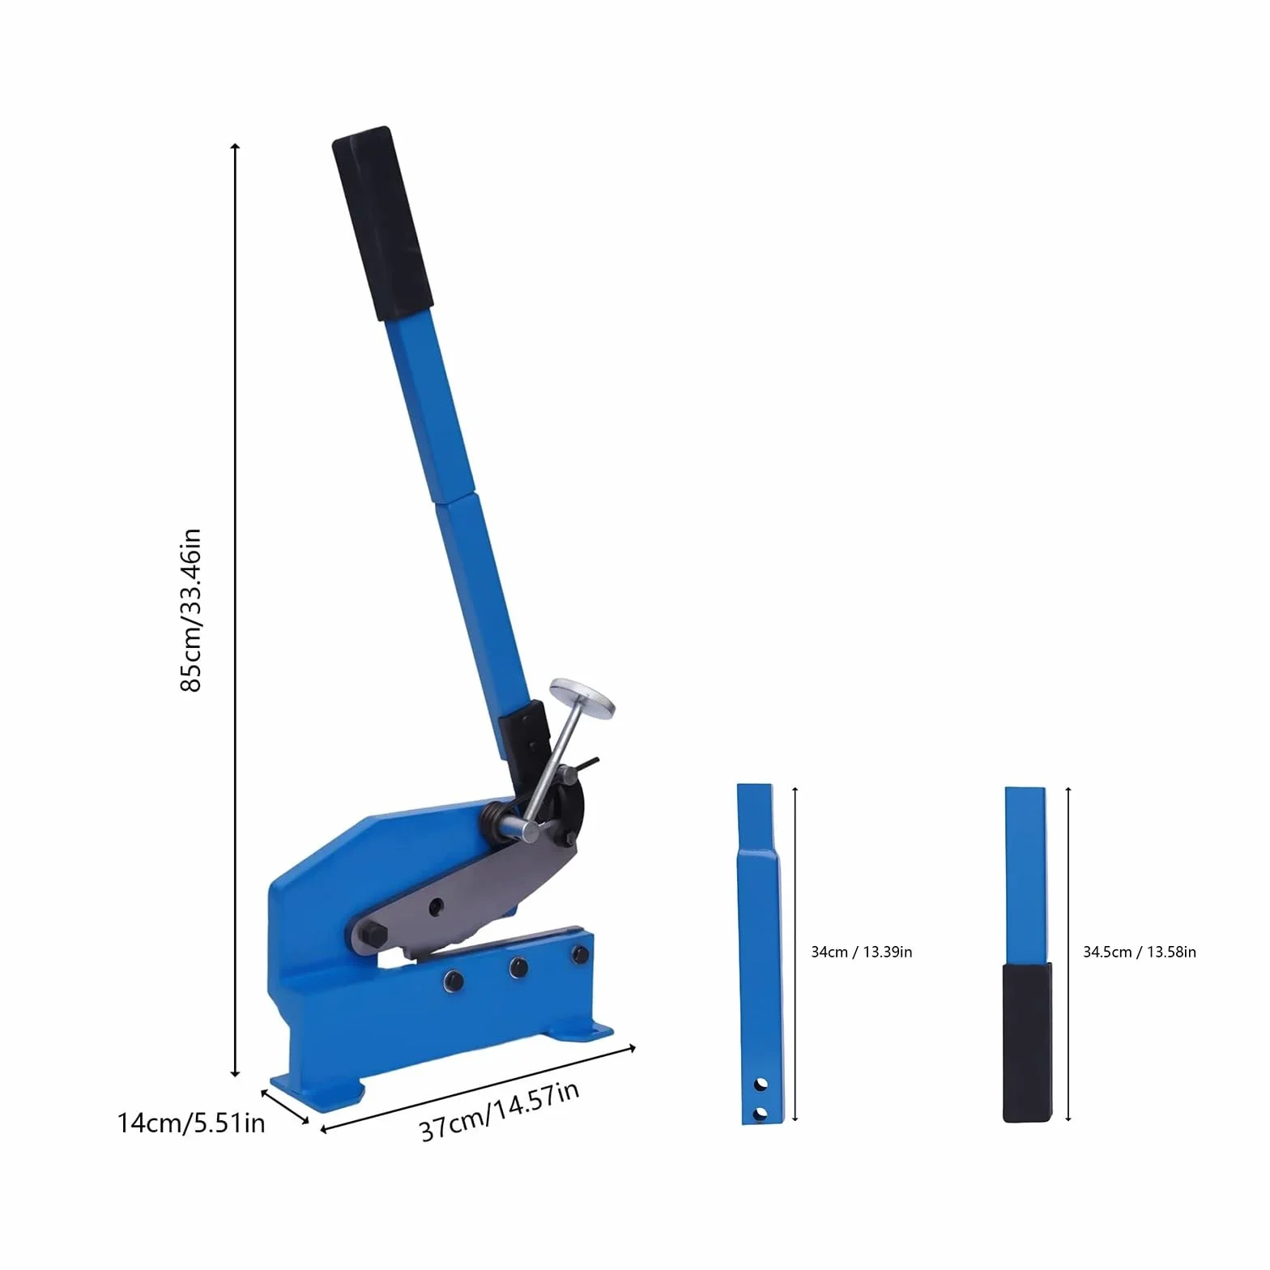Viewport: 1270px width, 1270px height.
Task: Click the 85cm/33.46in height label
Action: pyautogui.click(x=190, y=610)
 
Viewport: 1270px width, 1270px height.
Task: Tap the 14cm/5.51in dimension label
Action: pyautogui.click(x=191, y=1123)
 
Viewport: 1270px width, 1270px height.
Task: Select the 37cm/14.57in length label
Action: pyautogui.click(x=500, y=1110)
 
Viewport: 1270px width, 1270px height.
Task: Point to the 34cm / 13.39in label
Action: pyautogui.click(x=862, y=952)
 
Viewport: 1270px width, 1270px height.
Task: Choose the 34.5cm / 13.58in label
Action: pyautogui.click(x=1140, y=952)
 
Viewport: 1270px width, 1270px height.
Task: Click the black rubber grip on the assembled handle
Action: pyautogui.click(x=382, y=224)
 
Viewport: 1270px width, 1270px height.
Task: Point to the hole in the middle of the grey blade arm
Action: pyautogui.click(x=437, y=905)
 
